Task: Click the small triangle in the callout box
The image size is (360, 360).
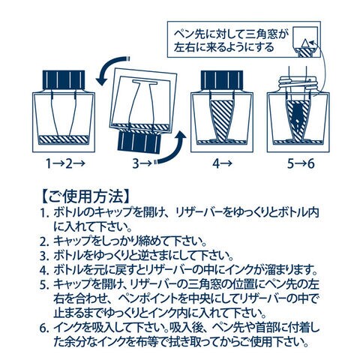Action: click(305, 44)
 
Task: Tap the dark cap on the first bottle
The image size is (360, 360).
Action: click(64, 79)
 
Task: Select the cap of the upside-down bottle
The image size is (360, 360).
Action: click(139, 142)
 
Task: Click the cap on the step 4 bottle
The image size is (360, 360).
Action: click(222, 79)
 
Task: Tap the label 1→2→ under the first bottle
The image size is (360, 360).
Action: click(64, 164)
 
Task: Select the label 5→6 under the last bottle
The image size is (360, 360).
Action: click(301, 164)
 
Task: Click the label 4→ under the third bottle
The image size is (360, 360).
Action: click(222, 164)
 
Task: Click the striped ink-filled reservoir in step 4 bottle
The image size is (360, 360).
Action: click(222, 118)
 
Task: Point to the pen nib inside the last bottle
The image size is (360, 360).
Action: click(298, 115)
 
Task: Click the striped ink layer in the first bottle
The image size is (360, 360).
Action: click(64, 139)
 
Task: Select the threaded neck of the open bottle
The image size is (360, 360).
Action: click(298, 84)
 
